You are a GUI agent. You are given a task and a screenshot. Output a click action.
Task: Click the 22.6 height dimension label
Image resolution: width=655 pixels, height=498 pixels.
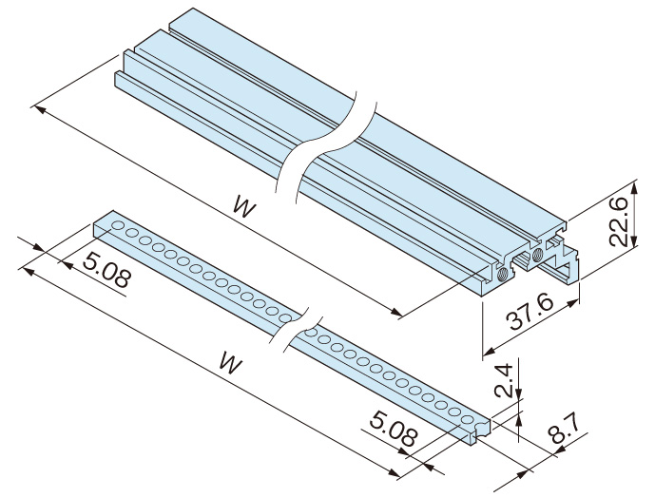[x=619, y=221]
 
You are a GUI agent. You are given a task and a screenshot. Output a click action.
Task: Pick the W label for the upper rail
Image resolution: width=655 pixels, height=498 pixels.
[x=245, y=207]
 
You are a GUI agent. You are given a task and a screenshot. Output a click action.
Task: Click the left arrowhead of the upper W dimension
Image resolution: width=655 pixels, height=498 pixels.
[x=37, y=108]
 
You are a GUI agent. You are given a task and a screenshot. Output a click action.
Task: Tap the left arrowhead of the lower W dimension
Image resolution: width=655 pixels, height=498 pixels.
[x=26, y=271]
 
